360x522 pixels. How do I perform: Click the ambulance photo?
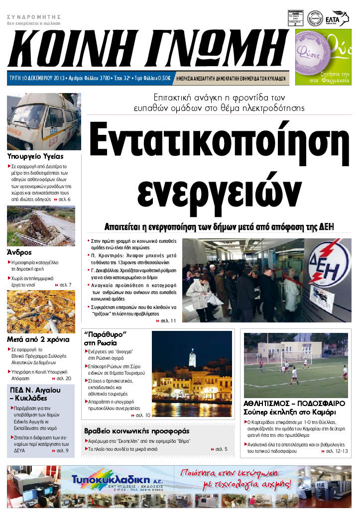pos(44,122)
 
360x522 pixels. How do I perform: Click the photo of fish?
pos(41,312)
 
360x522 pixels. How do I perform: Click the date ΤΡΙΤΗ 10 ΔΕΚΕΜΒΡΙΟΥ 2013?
pos(39,78)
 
